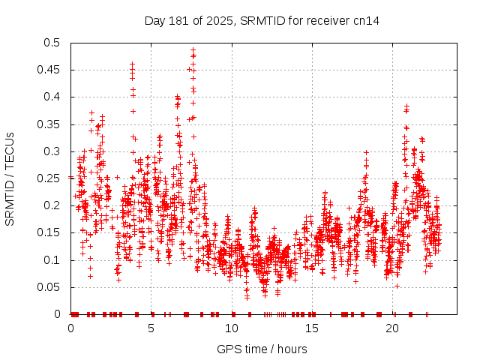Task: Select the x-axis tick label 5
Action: [151, 328]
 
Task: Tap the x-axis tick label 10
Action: [232, 328]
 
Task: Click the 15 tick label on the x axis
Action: [312, 328]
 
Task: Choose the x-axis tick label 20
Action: [392, 328]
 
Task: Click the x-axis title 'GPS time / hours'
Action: [262, 349]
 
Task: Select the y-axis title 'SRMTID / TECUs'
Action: [10, 178]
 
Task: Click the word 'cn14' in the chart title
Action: [366, 20]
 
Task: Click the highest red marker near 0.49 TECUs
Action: [193, 50]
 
